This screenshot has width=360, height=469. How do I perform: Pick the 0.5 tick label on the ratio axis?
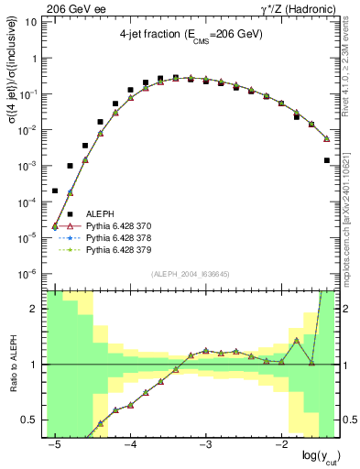tap(29, 420)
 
